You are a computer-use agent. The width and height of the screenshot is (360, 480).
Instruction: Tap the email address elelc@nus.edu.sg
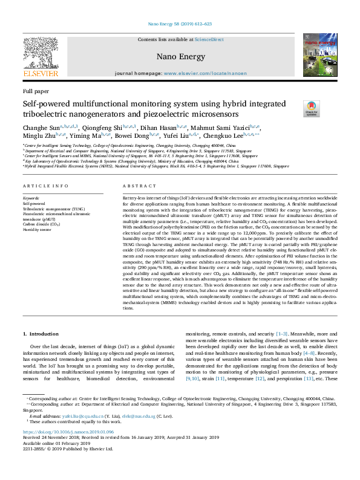tap(133, 417)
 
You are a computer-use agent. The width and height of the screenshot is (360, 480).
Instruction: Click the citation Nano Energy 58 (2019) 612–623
tap(180, 24)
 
